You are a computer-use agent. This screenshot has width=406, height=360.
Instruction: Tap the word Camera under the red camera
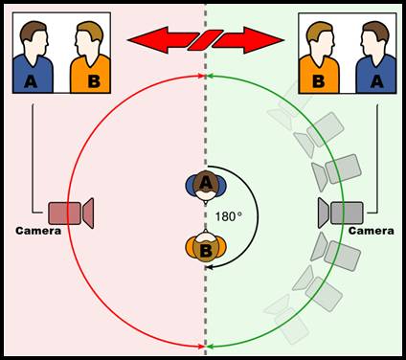click(38, 231)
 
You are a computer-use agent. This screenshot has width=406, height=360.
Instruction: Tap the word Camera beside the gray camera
click(371, 231)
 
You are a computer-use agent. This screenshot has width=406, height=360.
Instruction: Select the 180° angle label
click(228, 216)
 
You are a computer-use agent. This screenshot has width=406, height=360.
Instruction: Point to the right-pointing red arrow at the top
click(250, 40)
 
